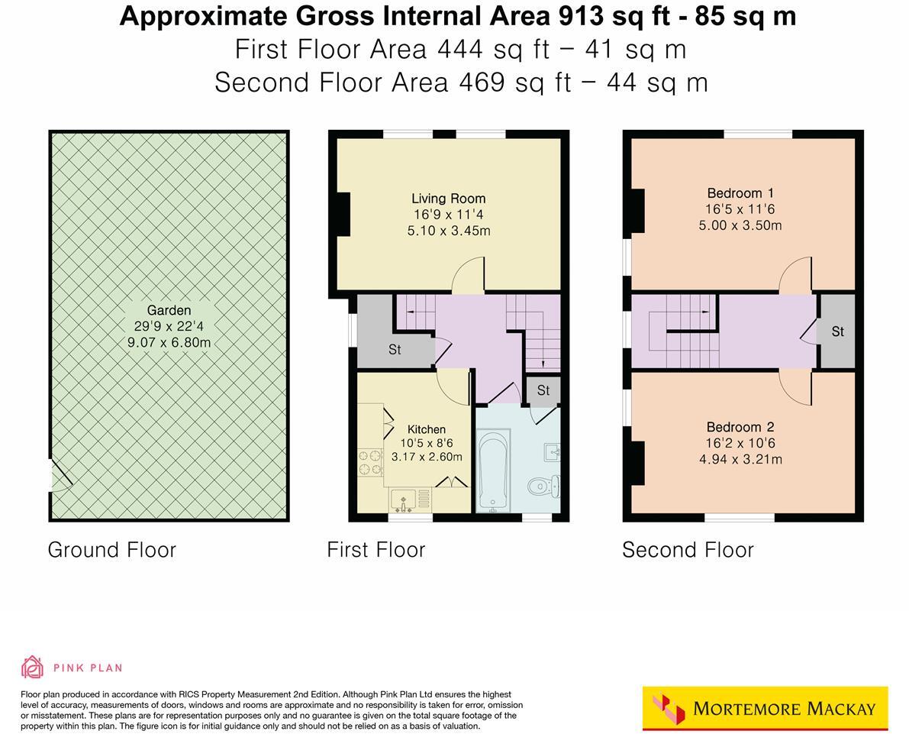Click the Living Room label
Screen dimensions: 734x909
[448, 199]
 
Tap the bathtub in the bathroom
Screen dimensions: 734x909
[492, 470]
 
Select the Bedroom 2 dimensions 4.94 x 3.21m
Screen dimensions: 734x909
[740, 460]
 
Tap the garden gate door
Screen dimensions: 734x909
[60, 475]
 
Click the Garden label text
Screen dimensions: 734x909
[169, 310]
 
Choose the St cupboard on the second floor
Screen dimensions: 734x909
[837, 331]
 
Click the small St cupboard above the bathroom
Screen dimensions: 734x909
[543, 390]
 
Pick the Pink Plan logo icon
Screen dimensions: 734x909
[33, 667]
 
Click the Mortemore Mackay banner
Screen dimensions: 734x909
[766, 708]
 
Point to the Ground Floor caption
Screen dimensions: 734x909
[111, 550]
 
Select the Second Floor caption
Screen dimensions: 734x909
[688, 550]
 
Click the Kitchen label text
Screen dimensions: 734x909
[426, 429]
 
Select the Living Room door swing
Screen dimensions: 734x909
[468, 276]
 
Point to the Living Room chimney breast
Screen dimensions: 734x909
[343, 214]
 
